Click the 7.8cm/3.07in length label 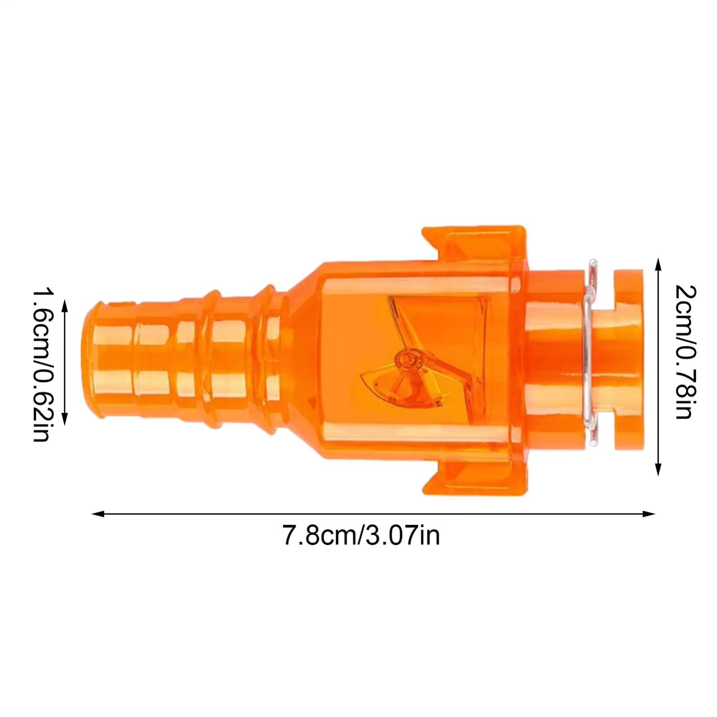pyautogui.click(x=361, y=536)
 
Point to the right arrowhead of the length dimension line pyautogui.click(x=649, y=514)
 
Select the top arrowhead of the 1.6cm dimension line pyautogui.click(x=65, y=307)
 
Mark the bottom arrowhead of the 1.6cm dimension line pyautogui.click(x=65, y=419)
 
